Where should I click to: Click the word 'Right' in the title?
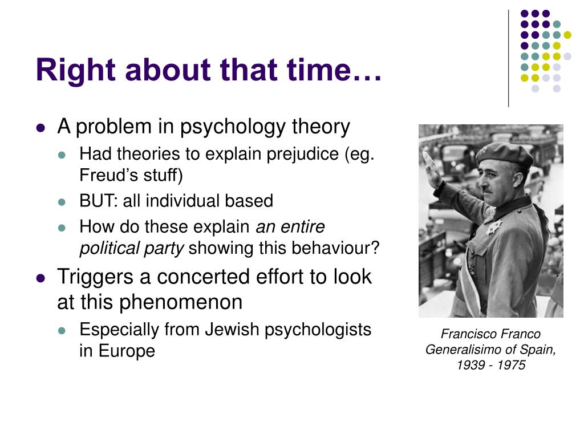click(76, 70)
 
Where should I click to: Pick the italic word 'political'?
click(109, 249)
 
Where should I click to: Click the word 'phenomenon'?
click(181, 302)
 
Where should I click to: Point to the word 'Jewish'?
click(232, 329)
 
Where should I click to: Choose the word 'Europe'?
click(127, 351)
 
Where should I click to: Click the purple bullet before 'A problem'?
click(40, 128)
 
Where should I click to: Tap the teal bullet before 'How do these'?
click(62, 228)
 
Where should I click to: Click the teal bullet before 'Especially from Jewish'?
click(62, 330)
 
